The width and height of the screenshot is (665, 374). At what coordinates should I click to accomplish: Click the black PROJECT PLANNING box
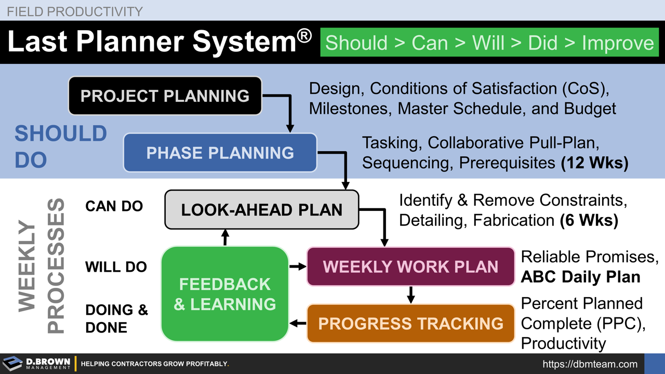165,96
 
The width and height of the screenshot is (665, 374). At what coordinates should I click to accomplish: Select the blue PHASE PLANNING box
220,153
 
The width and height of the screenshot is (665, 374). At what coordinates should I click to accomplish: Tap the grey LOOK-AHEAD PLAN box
261,210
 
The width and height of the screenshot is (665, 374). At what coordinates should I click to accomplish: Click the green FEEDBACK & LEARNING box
224,294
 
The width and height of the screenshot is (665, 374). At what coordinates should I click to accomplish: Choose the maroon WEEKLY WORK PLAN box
410,266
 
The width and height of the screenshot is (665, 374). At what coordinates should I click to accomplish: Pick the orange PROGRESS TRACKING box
410,324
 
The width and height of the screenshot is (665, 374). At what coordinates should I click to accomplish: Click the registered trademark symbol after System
304,36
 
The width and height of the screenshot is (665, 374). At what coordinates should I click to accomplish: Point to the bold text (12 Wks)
594,163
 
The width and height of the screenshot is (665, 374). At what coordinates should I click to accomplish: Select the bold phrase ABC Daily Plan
580,277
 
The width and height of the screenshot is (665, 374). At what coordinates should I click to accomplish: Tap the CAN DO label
114,206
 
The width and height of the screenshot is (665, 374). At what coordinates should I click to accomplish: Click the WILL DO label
116,267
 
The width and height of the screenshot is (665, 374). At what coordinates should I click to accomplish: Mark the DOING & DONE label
116,318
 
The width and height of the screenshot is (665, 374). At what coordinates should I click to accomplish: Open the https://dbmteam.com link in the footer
590,364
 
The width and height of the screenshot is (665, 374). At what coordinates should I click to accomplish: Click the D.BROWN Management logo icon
12,363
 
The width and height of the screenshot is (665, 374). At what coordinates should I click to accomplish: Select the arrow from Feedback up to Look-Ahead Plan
225,237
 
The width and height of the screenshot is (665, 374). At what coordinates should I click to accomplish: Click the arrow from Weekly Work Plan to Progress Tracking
410,295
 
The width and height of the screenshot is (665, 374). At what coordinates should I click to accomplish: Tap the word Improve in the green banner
618,43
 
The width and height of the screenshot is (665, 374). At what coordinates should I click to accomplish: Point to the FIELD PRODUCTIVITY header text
75,11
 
